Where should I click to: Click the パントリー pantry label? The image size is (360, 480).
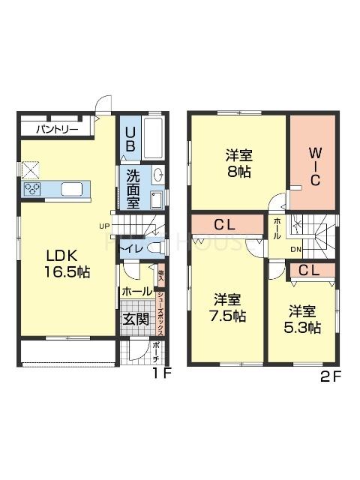pos(55,129)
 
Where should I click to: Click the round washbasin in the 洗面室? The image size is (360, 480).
pos(157,175)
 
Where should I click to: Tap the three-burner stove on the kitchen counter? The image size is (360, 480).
pos(33,189)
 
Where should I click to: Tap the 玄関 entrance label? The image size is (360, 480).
pos(135,319)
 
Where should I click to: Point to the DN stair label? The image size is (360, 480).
pos(296,250)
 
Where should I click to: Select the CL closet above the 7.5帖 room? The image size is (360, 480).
pos(226,224)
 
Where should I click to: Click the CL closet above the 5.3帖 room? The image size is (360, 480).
pos(310,270)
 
